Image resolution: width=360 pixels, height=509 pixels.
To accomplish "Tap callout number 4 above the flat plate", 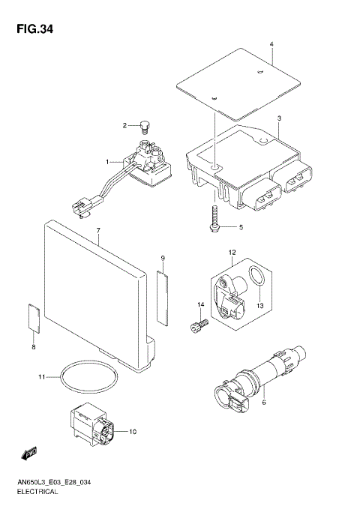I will point(271,44).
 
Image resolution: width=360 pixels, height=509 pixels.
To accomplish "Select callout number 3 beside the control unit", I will point(278,118).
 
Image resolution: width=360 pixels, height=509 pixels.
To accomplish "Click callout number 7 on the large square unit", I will point(97,239).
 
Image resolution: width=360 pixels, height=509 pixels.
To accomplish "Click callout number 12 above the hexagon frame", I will point(233,253).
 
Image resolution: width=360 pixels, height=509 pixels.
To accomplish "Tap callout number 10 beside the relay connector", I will point(133,432).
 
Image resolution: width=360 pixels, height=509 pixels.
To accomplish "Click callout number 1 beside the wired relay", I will point(108,162).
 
